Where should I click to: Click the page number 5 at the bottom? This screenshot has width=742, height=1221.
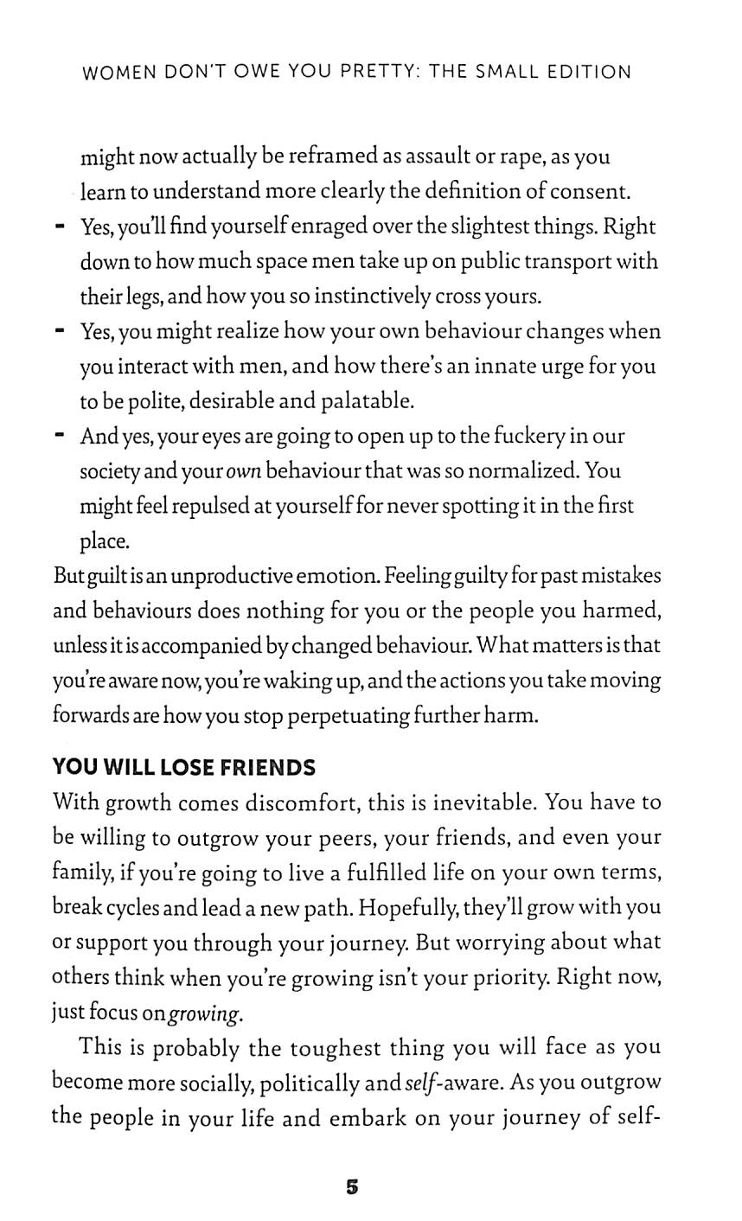click(x=351, y=1186)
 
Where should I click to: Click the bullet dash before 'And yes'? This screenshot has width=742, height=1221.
click(x=60, y=437)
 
